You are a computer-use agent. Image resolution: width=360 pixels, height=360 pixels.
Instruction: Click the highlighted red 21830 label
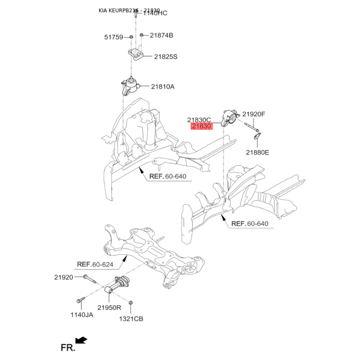(201, 127)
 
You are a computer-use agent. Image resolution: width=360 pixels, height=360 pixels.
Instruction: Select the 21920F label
(254, 114)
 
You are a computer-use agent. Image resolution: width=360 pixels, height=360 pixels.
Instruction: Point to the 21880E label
(257, 153)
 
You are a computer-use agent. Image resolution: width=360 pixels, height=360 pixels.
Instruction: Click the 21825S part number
(166, 57)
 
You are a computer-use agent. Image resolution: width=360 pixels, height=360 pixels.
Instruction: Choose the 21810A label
(162, 86)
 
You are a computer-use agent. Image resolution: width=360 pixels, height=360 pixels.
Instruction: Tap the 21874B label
(162, 35)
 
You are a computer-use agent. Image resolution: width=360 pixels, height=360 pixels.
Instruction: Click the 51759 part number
(114, 37)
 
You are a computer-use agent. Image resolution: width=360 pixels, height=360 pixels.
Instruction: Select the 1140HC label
(155, 13)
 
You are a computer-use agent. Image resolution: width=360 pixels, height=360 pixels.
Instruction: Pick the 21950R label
(110, 308)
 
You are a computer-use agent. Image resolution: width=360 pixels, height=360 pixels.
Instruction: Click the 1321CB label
(131, 319)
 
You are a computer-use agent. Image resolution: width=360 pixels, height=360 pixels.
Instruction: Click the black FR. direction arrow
(81, 340)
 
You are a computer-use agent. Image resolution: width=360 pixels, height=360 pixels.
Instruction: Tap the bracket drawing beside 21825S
(135, 55)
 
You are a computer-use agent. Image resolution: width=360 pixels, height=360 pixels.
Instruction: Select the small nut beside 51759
(130, 37)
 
